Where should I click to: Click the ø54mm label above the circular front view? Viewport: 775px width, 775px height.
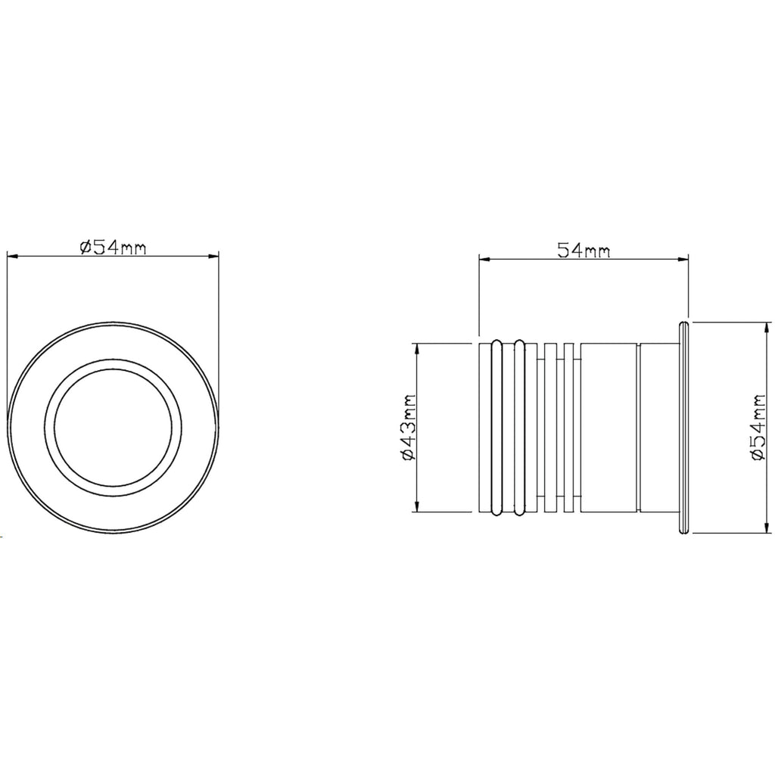coord(114,247)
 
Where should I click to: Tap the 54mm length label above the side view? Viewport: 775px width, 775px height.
coord(584,251)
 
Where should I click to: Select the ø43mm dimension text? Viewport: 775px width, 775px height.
coord(409,428)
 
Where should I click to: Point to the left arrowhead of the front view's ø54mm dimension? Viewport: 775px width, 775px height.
coord(13,256)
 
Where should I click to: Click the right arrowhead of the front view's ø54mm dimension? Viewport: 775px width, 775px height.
coord(213,256)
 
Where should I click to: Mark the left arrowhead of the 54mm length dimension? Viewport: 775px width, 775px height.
coord(485,259)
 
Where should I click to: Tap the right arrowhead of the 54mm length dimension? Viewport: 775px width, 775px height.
coord(683,259)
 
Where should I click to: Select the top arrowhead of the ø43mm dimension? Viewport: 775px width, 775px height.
coord(418,349)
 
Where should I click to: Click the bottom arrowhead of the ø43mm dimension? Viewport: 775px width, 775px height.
coord(418,506)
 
